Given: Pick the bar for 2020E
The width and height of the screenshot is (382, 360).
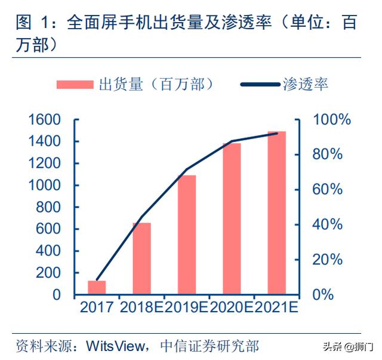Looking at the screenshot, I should (232, 219).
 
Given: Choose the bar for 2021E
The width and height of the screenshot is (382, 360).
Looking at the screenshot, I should (276, 213).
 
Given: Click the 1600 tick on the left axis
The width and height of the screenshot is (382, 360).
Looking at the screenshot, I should (45, 120).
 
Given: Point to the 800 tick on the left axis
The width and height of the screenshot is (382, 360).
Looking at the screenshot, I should (50, 207).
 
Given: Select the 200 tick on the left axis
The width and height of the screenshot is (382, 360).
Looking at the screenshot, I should (50, 273).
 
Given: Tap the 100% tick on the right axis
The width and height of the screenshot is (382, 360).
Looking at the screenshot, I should (332, 120).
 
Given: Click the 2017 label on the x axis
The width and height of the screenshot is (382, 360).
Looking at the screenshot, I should (97, 309).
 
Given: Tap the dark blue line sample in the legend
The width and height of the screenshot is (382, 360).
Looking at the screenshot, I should (260, 84).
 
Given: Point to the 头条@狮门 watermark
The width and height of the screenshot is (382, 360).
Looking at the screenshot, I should (347, 346).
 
